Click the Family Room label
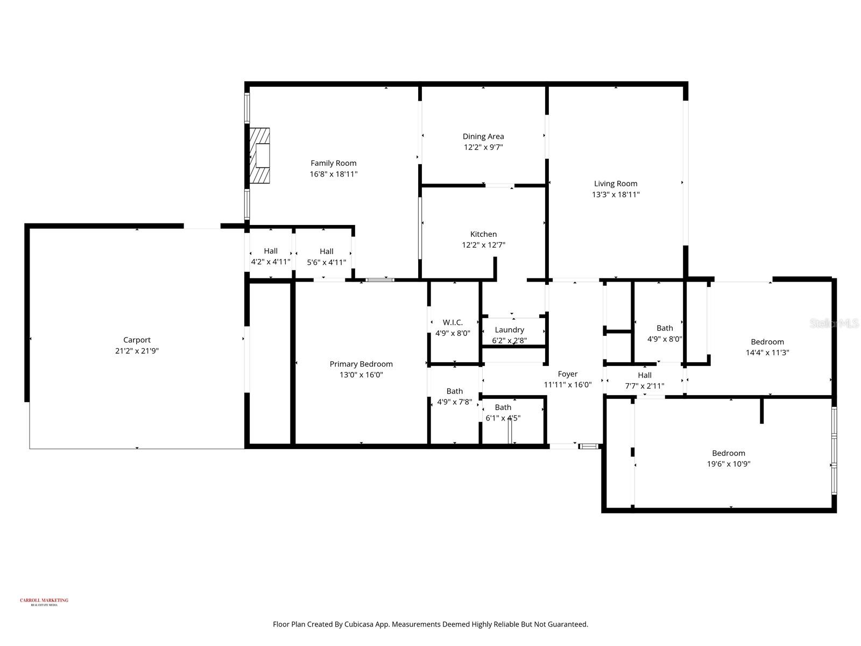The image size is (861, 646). pos(333,163)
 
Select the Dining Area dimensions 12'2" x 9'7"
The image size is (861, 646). pos(483,147)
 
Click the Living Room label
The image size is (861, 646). pos(616,184)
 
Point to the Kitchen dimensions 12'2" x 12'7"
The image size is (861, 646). pos(483,245)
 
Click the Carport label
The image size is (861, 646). pos(137,340)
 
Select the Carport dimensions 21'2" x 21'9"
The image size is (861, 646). pos(137,350)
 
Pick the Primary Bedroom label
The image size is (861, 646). pos(361,364)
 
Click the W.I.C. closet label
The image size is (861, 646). pos(453,322)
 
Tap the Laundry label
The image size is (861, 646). pos(509,330)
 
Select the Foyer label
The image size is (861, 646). pos(567,374)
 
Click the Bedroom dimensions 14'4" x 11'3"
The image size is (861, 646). pos(767,353)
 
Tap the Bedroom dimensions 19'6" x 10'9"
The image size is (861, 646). pos(728,464)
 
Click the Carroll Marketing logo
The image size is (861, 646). pos(44,601)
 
